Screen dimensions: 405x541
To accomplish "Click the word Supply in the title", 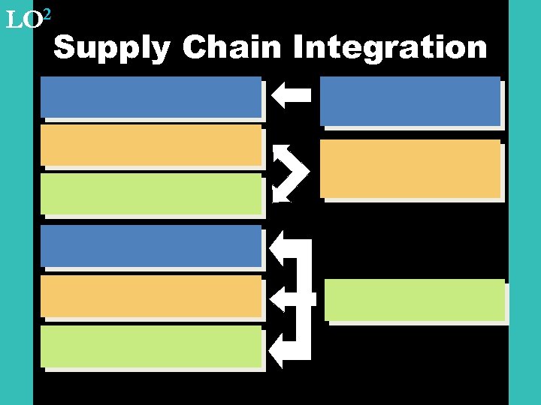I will (x=113, y=49).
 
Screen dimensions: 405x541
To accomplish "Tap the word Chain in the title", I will (x=232, y=48).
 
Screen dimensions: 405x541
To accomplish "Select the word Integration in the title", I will (x=390, y=49).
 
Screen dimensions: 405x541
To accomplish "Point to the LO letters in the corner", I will (x=22, y=20).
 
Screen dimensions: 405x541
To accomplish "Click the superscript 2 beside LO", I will (x=46, y=13).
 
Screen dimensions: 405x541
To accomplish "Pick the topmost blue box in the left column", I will (x=151, y=97).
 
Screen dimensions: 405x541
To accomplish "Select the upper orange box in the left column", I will (x=151, y=145).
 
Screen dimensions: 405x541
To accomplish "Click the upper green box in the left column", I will (x=151, y=193).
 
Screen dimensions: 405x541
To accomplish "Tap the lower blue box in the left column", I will (x=151, y=246).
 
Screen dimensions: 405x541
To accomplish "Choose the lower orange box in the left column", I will (x=151, y=295).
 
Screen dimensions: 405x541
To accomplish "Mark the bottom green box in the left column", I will (x=151, y=346).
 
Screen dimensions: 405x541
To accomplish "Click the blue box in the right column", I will (x=410, y=100).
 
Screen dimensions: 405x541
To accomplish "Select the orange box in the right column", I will (x=410, y=169).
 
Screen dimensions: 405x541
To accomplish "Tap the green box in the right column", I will (x=415, y=299).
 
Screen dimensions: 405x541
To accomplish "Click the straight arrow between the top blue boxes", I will (x=291, y=95).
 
